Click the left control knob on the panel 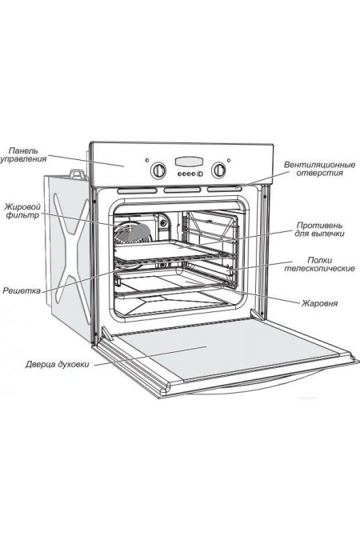(158, 170)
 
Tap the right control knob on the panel (218, 170)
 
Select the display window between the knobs (189, 161)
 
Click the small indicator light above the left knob (147, 160)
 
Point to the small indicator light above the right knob (229, 160)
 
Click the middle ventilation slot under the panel (182, 190)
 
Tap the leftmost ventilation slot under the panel (137, 190)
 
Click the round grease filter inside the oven (133, 233)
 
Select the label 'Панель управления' (23, 155)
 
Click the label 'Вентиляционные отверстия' (319, 169)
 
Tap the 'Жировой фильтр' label (22, 211)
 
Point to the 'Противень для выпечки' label (319, 230)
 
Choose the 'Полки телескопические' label (319, 264)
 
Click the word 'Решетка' (22, 290)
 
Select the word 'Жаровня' (320, 303)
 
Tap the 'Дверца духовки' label (57, 364)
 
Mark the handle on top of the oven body (78, 174)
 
